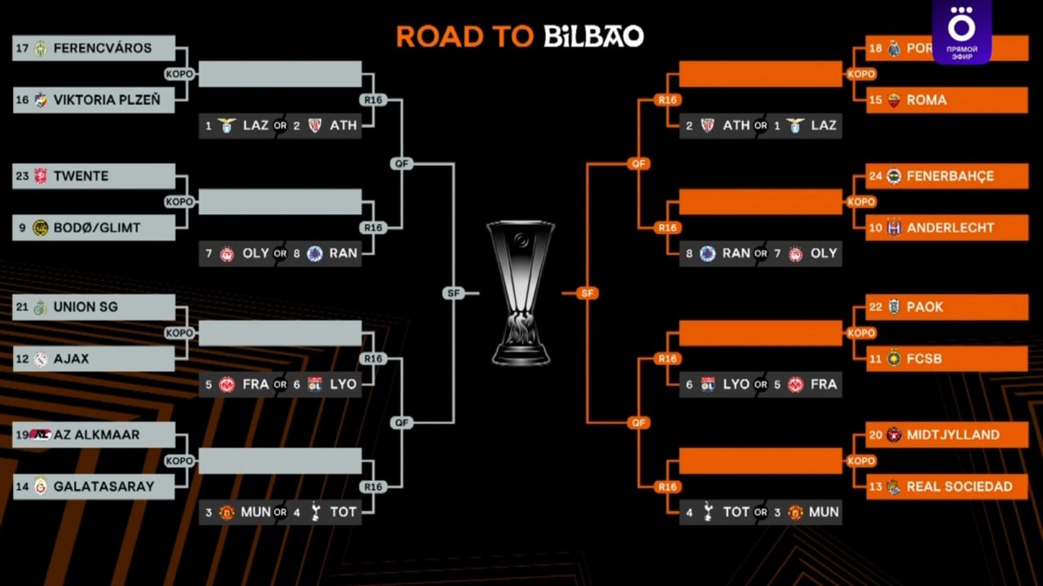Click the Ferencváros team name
pyautogui.click(x=102, y=48)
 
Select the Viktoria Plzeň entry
pyautogui.click(x=107, y=100)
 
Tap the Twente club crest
pyautogui.click(x=41, y=176)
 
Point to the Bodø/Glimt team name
pyautogui.click(x=97, y=228)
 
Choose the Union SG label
pyautogui.click(x=86, y=307)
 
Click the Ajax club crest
pyautogui.click(x=41, y=359)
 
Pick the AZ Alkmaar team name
pyautogui.click(x=96, y=435)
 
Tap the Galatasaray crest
pyautogui.click(x=41, y=487)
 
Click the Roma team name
pyautogui.click(x=926, y=100)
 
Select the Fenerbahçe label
pyautogui.click(x=950, y=176)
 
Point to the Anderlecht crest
pyautogui.click(x=894, y=228)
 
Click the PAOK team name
pyautogui.click(x=924, y=307)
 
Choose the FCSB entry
pyautogui.click(x=924, y=359)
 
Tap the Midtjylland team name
pyautogui.click(x=953, y=435)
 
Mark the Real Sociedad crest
pyautogui.click(x=894, y=487)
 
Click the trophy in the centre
pyautogui.click(x=521, y=292)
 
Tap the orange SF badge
pyautogui.click(x=587, y=293)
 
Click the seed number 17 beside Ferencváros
pyautogui.click(x=22, y=48)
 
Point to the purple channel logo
pyautogui.click(x=962, y=31)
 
